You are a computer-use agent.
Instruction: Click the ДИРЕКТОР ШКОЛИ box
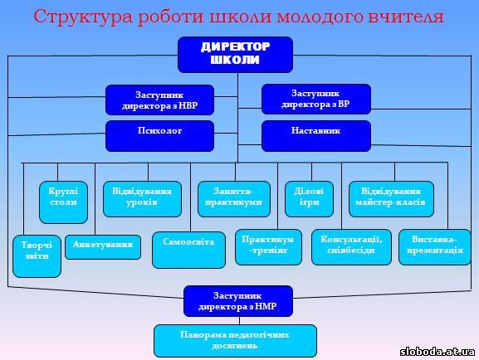point(235,55)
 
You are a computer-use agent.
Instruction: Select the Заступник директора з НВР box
point(159,100)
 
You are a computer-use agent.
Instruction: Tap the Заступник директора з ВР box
point(316,100)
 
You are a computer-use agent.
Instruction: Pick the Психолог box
point(159,136)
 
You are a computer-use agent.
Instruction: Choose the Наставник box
point(316,136)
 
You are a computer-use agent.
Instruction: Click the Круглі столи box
point(63,202)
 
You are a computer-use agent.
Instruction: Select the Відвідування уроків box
point(142,199)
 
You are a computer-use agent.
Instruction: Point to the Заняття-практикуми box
point(234,199)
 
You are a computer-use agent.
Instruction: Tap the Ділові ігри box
point(309,199)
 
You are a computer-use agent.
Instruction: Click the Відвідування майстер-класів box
point(391,199)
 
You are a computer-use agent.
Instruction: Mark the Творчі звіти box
point(37,256)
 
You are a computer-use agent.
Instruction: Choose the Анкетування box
point(103,247)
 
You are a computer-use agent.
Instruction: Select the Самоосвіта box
point(188,250)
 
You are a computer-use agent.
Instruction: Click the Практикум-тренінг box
point(268,247)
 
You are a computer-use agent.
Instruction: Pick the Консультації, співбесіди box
point(351,247)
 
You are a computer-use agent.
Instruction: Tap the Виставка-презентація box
point(434,247)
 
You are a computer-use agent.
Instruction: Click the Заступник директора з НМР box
point(238,301)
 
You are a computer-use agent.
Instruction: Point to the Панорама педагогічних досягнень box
point(235,341)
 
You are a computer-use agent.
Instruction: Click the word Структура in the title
point(83,17)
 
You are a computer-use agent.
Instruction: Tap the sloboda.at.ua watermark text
point(437,352)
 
